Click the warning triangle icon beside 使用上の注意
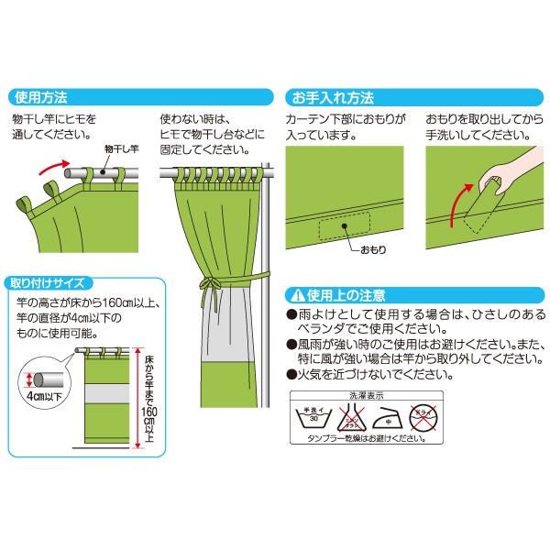pos(296,296)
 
